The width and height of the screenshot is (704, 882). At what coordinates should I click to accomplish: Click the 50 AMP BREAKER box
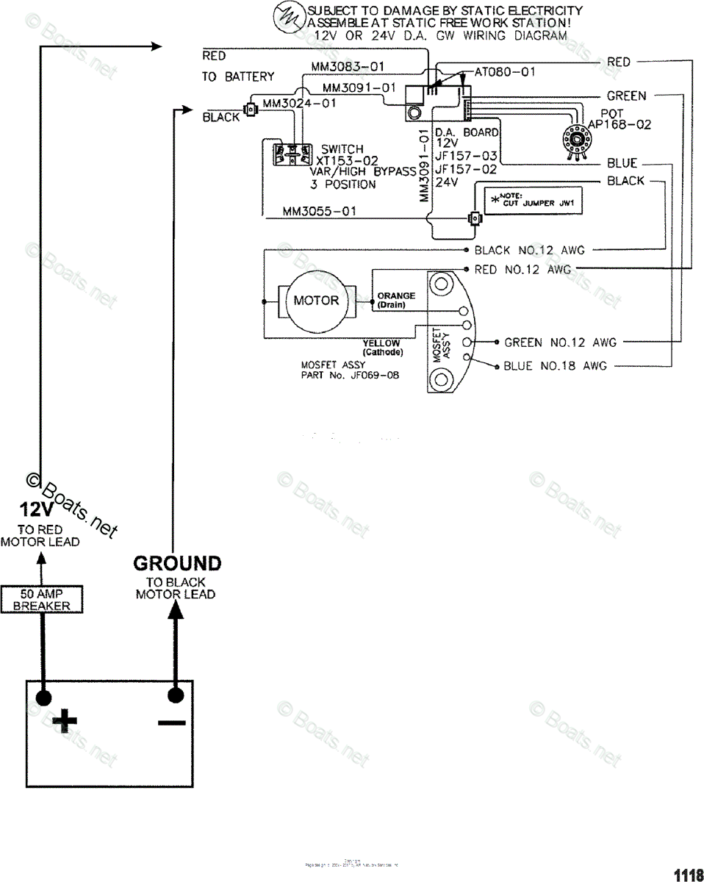coord(41,599)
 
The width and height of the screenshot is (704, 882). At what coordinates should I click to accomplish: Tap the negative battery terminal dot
coord(175,695)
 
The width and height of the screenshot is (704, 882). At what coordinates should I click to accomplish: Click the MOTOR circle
coord(316,300)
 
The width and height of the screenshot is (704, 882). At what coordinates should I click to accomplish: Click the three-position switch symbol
coord(288,154)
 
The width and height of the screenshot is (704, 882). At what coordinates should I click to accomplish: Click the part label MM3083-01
coord(348,67)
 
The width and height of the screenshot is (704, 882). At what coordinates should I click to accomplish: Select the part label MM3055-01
coord(320,212)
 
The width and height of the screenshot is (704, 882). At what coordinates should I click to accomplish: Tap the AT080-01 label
coord(505,72)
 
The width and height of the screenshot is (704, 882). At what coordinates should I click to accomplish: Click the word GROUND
coord(176,564)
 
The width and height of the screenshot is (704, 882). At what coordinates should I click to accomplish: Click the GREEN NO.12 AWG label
coord(560,343)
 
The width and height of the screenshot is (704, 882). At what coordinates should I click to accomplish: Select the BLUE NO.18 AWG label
coord(555,365)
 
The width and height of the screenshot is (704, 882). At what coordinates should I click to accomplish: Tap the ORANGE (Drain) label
coord(396,300)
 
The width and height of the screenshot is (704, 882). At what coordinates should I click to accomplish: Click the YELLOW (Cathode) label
coord(382,347)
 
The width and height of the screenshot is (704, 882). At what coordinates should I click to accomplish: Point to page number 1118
coord(688,874)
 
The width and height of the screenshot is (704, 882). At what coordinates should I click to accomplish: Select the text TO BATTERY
coord(238,76)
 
